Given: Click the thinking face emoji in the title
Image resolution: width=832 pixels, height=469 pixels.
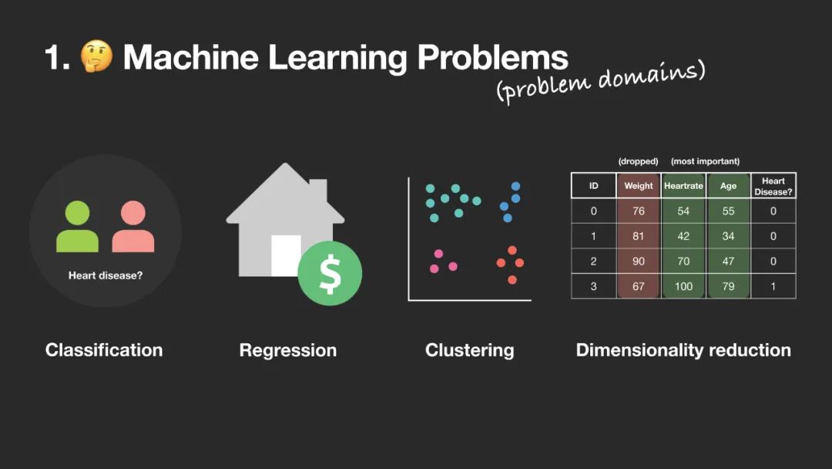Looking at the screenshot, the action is [97, 57].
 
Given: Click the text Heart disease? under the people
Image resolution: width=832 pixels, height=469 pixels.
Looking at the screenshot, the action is [106, 275].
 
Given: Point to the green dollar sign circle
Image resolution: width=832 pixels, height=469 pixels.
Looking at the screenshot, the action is [330, 273].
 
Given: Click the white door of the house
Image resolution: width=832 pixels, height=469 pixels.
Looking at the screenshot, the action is [286, 255].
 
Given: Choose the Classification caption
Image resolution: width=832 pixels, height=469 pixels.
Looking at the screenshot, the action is [104, 350].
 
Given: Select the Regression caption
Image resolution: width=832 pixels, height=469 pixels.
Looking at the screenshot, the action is [288, 350].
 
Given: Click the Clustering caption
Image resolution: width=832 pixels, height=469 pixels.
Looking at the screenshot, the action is [469, 350].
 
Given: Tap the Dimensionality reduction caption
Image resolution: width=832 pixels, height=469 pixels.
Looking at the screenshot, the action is [683, 350].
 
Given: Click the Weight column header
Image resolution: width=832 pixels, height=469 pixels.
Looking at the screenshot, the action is [639, 186].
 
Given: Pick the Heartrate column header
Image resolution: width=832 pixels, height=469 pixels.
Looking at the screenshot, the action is [683, 186].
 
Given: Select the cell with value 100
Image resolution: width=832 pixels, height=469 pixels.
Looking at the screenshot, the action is [683, 286].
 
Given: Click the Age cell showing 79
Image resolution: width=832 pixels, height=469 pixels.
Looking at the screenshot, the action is [728, 286].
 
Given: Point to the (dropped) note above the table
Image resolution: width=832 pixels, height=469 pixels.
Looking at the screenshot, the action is [638, 161].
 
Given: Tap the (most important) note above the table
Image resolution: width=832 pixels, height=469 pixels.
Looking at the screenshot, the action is [705, 161].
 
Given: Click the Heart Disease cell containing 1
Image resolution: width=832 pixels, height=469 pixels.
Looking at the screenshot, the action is [773, 286].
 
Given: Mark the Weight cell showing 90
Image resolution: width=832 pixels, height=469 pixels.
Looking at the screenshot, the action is [639, 261].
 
